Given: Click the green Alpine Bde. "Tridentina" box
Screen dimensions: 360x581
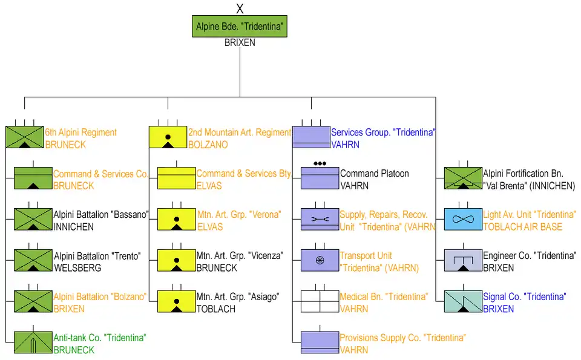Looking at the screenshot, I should tap(240, 27).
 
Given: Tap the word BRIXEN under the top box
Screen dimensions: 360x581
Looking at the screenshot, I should tap(240, 43).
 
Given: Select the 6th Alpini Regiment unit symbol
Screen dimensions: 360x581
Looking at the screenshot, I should tap(24, 137).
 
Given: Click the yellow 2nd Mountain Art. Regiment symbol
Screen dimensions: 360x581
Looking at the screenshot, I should tap(168, 137).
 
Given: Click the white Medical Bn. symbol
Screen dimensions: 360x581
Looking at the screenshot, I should tap(320, 301).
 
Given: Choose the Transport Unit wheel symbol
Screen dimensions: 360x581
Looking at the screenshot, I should tap(320, 260).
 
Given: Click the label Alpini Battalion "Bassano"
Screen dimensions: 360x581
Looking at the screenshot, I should tap(101, 215).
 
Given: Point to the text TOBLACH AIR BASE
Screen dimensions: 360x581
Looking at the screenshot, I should tap(522, 227).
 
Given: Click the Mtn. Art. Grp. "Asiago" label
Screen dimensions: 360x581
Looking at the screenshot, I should tap(238, 297).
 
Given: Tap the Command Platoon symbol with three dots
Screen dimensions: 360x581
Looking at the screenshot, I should tap(320, 177).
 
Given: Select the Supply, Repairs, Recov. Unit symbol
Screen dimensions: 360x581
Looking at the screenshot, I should tap(320, 219).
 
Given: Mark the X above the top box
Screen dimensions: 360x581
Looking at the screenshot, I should tap(240, 8).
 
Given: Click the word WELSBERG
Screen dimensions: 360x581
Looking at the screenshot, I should tap(78, 267).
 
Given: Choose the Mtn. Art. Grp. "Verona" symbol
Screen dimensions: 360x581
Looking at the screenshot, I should tap(177, 219).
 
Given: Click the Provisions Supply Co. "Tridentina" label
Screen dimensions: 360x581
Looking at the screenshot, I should tap(402, 338).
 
